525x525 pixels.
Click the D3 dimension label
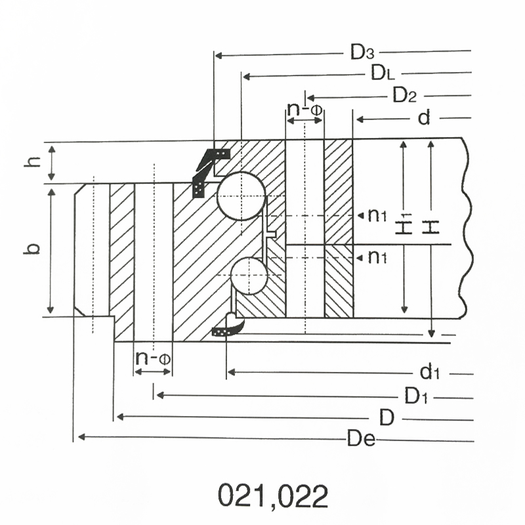click(x=362, y=52)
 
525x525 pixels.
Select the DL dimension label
click(x=383, y=73)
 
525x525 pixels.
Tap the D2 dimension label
click(x=404, y=94)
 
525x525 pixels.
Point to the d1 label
click(x=430, y=372)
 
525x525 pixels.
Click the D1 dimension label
click(x=416, y=396)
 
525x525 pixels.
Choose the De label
click(x=362, y=438)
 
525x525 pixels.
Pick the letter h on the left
click(x=32, y=161)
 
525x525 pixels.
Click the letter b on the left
click(x=31, y=249)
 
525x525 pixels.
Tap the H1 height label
click(x=404, y=224)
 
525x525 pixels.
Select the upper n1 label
click(x=377, y=215)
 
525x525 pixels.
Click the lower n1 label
click(x=377, y=257)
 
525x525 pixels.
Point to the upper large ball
click(x=241, y=196)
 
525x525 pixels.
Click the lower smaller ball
click(x=249, y=276)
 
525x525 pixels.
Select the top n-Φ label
click(x=304, y=109)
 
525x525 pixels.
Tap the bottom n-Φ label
click(x=153, y=358)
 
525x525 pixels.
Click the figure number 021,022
click(x=273, y=495)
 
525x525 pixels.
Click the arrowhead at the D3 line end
click(x=219, y=55)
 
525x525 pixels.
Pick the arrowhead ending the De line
click(x=81, y=437)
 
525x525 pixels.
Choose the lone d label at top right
click(x=424, y=117)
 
